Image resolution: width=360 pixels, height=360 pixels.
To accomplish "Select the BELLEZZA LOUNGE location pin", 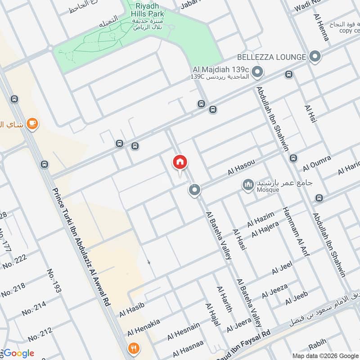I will coord(315,57).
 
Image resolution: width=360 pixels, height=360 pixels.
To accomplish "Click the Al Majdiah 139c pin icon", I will coord(257,72).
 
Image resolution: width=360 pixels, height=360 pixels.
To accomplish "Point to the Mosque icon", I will coord(247,184).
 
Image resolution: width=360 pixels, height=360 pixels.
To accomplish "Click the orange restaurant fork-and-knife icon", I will coord(133,347).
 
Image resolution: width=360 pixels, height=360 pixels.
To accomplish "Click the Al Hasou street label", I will coord(241,168).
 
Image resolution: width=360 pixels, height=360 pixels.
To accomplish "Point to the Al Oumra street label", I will coord(317,163).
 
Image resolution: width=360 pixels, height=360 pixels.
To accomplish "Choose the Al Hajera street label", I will coord(265,229).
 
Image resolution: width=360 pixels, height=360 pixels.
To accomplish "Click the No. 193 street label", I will coord(54,281).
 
